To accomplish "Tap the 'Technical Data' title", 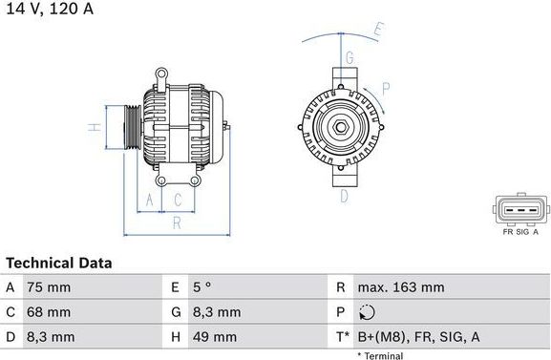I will tap(59, 263).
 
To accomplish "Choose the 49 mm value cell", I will tap(217, 337).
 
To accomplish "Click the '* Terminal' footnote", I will tap(380, 355).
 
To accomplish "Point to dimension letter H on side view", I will tap(95, 126).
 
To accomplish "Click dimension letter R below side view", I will tap(177, 223).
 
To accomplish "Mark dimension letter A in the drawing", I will tap(148, 200).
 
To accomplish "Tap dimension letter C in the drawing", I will tap(178, 200).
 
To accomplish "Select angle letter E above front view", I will tap(378, 32).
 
